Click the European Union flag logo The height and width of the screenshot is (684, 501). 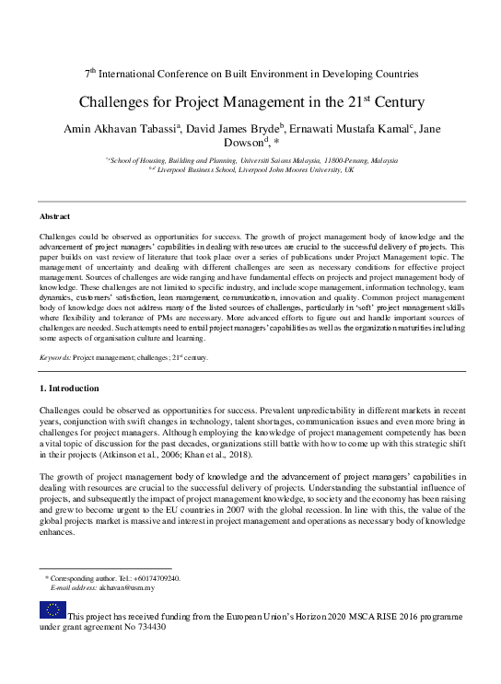52,609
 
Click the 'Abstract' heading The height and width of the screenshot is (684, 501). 56,216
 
